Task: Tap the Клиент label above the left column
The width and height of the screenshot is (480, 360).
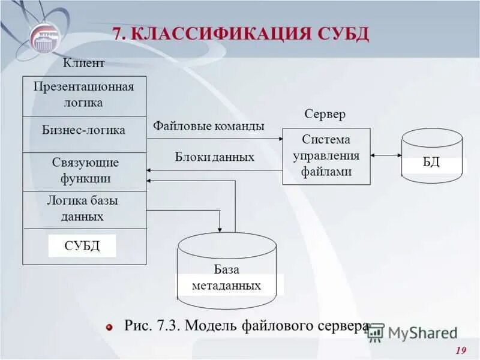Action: click(x=84, y=63)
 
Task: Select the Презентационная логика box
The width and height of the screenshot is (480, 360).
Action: click(x=84, y=95)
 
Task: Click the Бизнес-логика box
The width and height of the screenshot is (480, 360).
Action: click(x=84, y=130)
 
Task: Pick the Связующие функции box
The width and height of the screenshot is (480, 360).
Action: click(x=85, y=171)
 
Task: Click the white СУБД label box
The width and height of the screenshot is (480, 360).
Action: click(x=82, y=245)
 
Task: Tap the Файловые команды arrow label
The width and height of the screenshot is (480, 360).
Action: click(x=208, y=127)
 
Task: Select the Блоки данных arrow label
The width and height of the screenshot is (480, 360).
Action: click(x=215, y=157)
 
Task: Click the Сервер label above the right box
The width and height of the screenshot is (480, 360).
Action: click(x=325, y=114)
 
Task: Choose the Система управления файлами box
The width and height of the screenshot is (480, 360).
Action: click(x=326, y=156)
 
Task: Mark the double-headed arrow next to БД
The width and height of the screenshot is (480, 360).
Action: click(x=386, y=155)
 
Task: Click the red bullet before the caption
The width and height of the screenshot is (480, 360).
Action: click(x=110, y=328)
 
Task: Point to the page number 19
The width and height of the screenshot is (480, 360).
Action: click(x=461, y=351)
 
